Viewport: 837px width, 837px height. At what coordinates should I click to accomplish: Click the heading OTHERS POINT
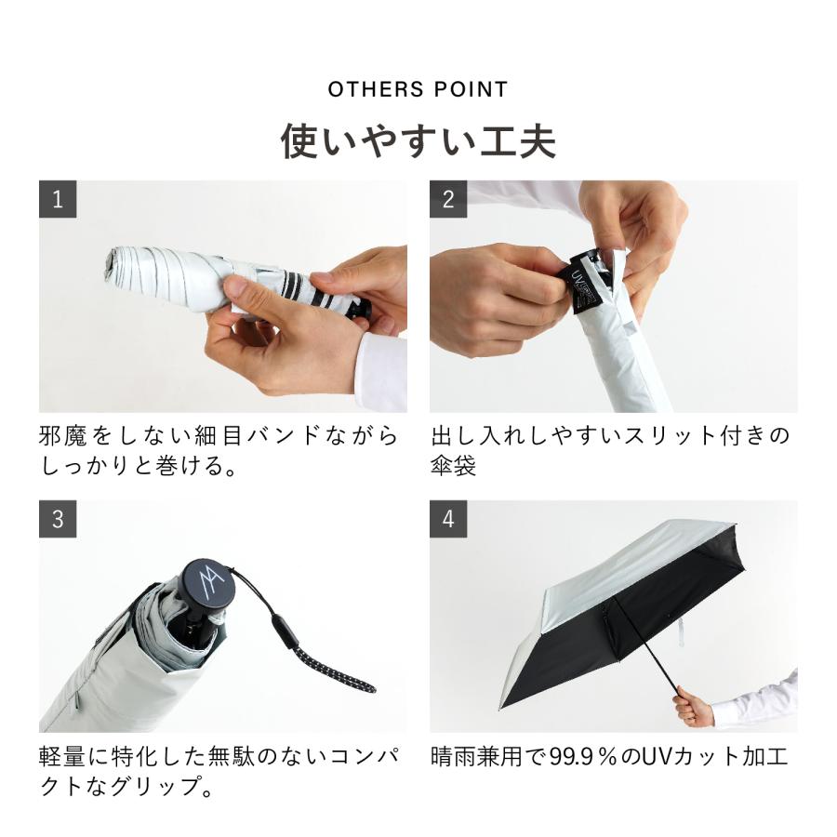418,90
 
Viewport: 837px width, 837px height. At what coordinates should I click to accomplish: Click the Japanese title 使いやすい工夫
418,142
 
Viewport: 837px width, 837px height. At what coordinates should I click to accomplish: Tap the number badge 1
58,199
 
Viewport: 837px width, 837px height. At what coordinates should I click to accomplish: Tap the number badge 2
448,199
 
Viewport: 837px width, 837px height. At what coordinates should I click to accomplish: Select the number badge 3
58,519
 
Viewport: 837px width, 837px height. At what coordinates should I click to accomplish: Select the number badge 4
448,519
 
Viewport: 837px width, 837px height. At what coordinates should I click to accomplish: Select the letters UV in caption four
664,756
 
